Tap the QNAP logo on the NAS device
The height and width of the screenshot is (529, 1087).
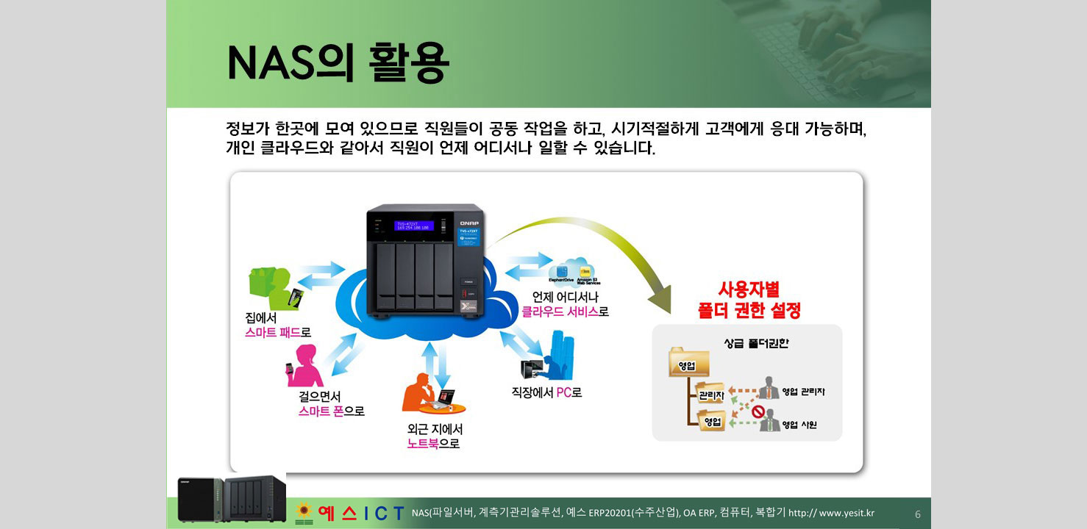[x=468, y=223]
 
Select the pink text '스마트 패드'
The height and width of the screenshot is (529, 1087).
[x=273, y=332]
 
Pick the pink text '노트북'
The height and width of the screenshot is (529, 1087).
[x=423, y=443]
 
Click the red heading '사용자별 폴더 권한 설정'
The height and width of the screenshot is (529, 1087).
[x=749, y=300]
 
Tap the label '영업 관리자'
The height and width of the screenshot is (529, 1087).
[x=803, y=392]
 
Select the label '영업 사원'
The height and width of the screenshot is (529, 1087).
[x=799, y=425]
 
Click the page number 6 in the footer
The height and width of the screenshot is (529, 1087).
[x=917, y=514]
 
